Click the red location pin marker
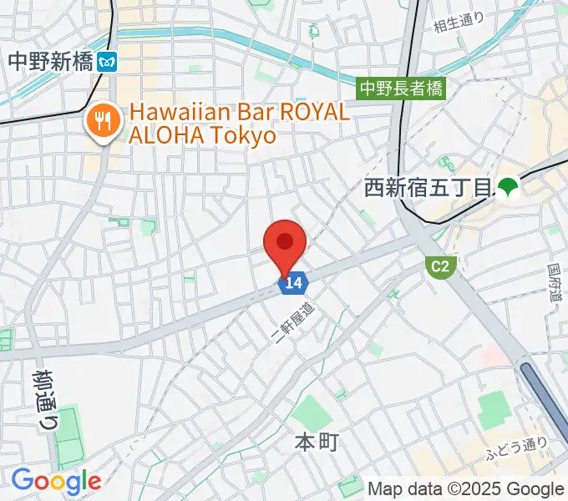(285, 245)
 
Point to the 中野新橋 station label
(49, 61)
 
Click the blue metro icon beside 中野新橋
(107, 61)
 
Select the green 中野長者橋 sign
(402, 87)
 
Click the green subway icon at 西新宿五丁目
(507, 187)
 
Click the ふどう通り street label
(517, 448)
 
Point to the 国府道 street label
(555, 284)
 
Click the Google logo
(56, 480)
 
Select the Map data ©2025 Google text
(466, 488)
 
